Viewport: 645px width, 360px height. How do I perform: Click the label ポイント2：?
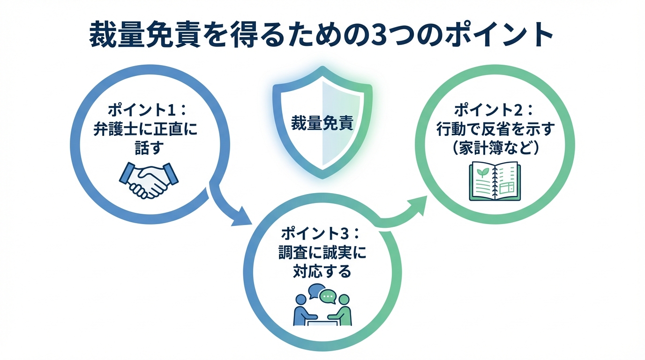[495, 112]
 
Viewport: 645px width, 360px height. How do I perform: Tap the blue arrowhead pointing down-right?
[241, 216]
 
